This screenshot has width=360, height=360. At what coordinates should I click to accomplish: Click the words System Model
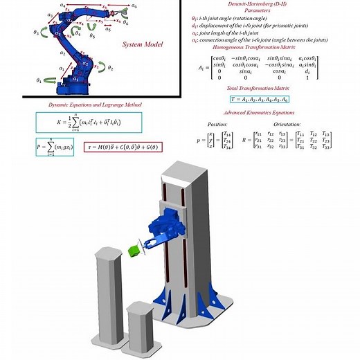point(142,45)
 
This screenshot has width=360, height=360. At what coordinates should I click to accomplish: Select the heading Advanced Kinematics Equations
point(259,112)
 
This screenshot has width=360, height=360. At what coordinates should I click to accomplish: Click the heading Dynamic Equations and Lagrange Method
point(95,105)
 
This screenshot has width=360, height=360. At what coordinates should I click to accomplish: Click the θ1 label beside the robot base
point(39,80)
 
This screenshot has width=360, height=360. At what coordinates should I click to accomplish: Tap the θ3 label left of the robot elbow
point(35,32)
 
